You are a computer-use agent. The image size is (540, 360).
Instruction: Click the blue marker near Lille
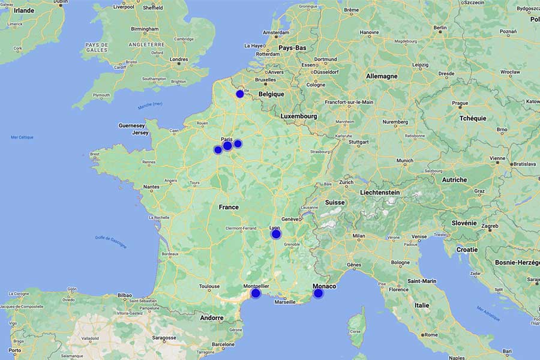[240, 94]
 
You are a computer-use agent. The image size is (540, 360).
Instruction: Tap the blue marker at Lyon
[276, 234]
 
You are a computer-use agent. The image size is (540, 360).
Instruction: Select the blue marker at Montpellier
[256, 293]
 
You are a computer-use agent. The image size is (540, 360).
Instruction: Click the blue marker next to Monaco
[318, 293]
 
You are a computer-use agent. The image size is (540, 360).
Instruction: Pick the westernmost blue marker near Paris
[218, 149]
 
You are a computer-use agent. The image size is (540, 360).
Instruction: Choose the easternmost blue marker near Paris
[238, 143]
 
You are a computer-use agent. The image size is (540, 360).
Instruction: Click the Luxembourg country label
[298, 116]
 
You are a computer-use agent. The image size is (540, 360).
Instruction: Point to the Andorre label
[211, 318]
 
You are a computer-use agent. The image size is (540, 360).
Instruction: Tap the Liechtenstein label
[388, 192]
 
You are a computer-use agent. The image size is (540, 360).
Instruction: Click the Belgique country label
[271, 94]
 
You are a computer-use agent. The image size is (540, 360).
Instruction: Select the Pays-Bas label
[293, 47]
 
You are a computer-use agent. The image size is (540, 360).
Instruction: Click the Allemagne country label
[382, 76]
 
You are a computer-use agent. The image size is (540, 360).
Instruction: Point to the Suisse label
[335, 202]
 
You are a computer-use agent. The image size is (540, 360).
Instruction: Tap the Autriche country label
[454, 179]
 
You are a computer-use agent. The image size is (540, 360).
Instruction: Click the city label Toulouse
[209, 286]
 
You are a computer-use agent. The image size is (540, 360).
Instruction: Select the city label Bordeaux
[170, 254]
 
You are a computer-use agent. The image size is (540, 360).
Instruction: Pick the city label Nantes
[151, 187]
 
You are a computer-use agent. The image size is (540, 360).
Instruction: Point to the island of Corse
[356, 327]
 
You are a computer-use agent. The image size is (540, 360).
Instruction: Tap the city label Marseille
[285, 302]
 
